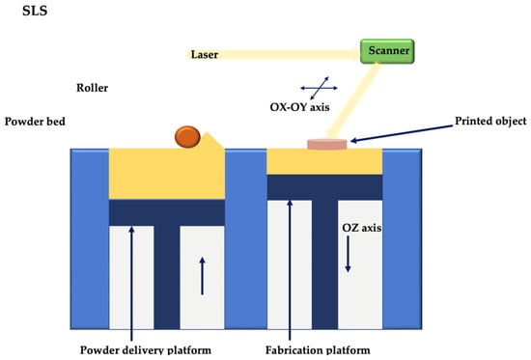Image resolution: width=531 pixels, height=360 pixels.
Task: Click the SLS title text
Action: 35,11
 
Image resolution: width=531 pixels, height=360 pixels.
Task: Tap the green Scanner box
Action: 387,51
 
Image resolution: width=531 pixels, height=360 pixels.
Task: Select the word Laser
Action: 205,54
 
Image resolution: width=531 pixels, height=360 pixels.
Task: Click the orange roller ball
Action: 187,137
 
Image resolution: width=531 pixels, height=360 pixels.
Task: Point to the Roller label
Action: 92,88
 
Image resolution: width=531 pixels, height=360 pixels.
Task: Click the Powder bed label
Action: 35,122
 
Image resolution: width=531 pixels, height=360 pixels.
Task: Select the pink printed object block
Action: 327,144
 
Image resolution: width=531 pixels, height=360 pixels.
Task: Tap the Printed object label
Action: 490,122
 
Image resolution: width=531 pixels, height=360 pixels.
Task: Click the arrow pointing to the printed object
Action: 402,133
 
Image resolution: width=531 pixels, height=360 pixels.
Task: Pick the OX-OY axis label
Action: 299,107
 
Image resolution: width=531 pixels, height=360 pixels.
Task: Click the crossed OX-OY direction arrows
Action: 319,88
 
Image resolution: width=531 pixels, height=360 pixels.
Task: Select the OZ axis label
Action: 362,228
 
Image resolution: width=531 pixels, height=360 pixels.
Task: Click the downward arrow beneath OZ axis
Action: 348,254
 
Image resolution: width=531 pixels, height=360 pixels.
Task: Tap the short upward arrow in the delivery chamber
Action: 202,276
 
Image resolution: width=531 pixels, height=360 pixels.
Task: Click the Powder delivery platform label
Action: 146,349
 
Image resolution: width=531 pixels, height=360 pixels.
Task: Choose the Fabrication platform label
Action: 318,349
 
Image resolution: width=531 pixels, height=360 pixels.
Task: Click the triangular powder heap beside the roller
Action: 212,141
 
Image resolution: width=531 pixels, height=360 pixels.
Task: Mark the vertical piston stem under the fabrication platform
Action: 324,264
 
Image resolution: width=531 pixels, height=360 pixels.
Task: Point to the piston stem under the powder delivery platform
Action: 167,277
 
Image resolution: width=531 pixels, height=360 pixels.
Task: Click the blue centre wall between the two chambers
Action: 246,238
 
